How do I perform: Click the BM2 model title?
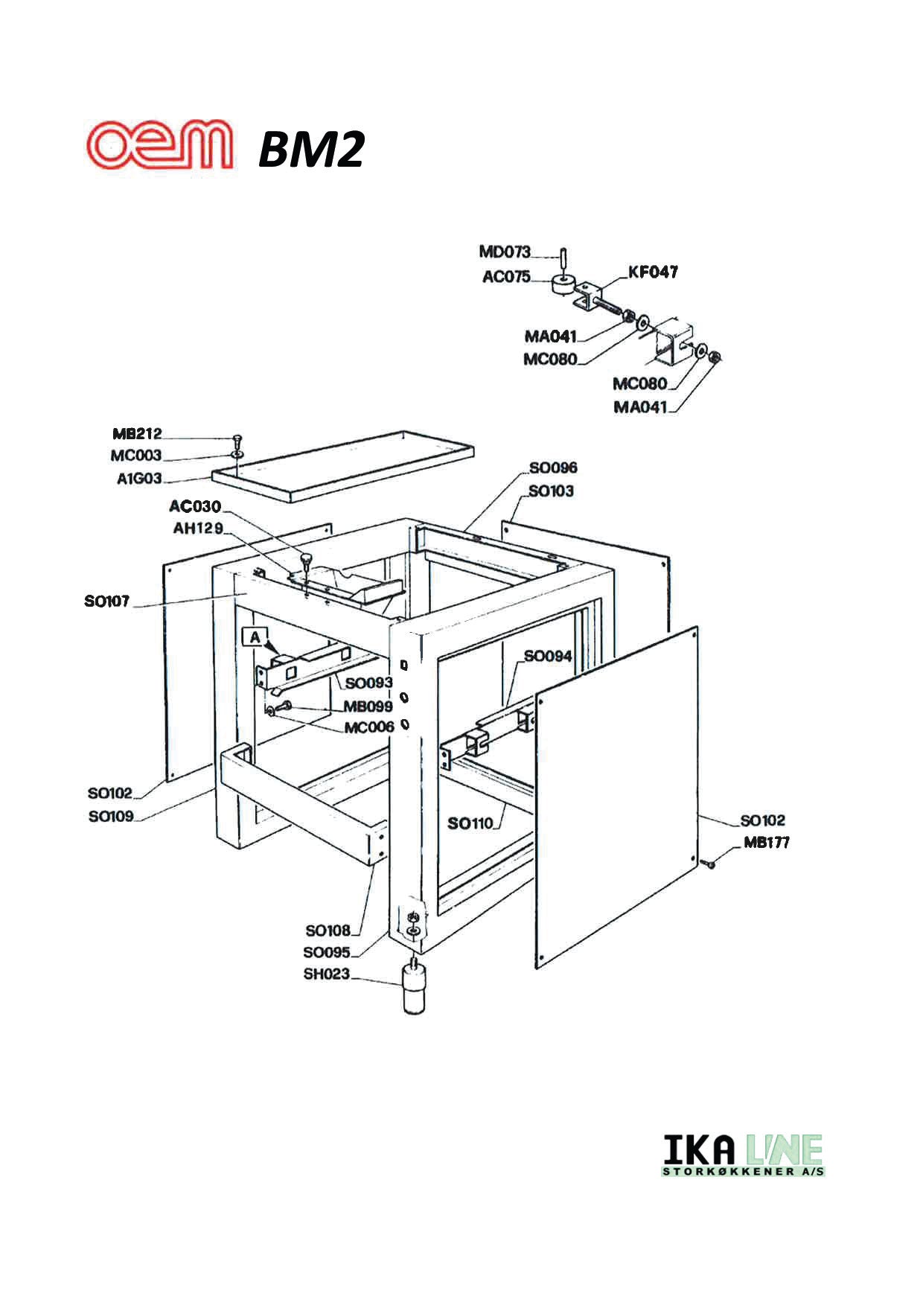311,150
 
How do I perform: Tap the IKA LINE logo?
743,1155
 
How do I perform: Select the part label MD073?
505,252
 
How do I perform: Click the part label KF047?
653,272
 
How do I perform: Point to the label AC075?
506,277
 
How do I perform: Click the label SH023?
326,974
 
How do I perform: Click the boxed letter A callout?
255,637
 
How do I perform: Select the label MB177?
766,842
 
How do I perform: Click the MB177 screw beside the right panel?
708,864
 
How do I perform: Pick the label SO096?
553,468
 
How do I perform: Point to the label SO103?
551,491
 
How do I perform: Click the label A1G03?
139,479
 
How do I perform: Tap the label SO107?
107,601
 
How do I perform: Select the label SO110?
470,823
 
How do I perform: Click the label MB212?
137,433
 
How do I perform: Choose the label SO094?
548,656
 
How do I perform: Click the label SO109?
111,816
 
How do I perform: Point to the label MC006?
368,727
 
